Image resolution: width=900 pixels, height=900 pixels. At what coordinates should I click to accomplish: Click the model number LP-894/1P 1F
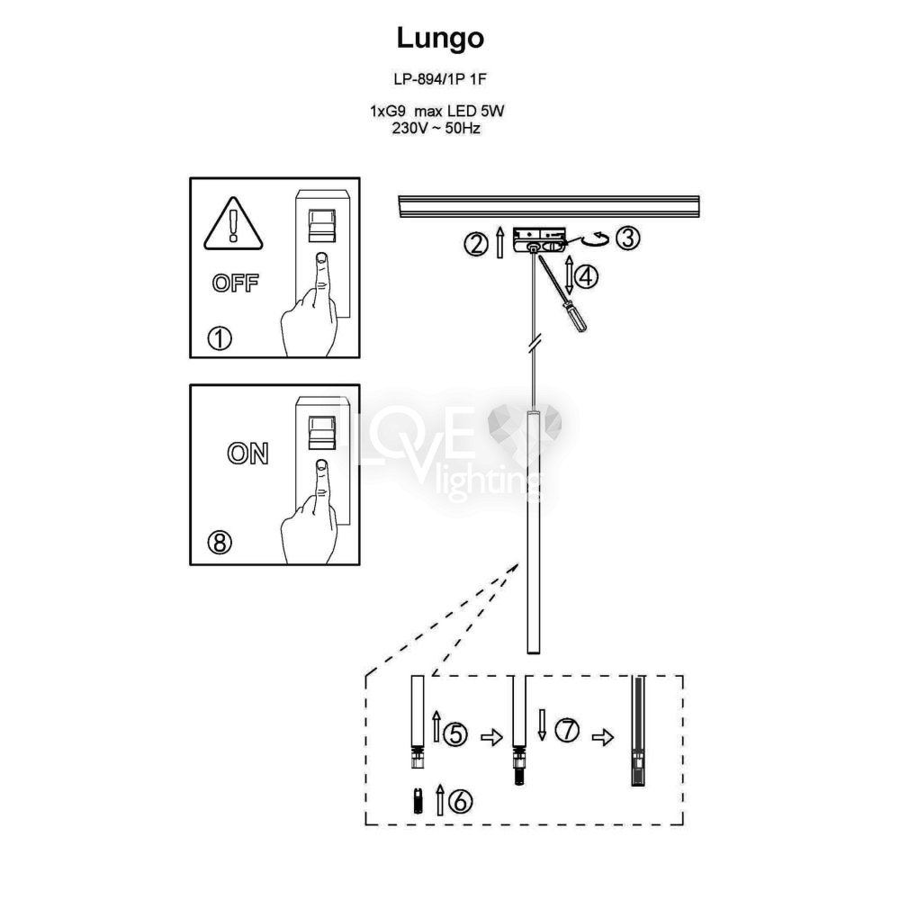440,79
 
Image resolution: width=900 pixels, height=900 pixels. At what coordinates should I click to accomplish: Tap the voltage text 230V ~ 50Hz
436,128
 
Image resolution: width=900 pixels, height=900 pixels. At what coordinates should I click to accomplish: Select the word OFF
235,283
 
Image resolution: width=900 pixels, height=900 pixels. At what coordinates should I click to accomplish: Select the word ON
247,454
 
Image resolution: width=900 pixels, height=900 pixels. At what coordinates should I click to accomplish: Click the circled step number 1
220,338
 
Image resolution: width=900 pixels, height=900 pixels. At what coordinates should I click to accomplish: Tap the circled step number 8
220,542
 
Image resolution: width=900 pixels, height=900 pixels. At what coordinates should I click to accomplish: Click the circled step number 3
627,238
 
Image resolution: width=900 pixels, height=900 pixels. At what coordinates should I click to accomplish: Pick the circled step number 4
586,276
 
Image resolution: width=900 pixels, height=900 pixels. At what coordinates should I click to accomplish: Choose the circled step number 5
455,734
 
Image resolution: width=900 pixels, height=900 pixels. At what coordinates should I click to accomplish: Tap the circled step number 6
460,801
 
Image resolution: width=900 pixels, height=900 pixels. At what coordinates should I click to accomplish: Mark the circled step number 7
567,730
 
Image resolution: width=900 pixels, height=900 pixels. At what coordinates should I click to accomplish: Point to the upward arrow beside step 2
499,241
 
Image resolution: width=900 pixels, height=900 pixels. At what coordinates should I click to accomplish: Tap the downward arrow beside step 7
541,724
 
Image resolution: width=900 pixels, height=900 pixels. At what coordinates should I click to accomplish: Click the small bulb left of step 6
418,801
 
